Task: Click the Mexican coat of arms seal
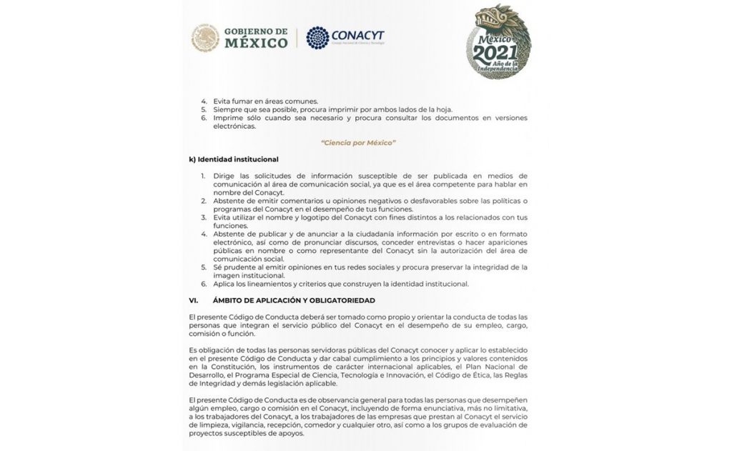point(205,38)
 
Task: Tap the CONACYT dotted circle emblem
point(317,37)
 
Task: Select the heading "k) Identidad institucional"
point(233,159)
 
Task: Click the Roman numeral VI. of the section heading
point(193,300)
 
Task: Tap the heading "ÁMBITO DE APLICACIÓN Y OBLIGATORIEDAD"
point(293,300)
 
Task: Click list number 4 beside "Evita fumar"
point(204,101)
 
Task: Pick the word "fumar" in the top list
point(242,101)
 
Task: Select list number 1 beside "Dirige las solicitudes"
point(204,176)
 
